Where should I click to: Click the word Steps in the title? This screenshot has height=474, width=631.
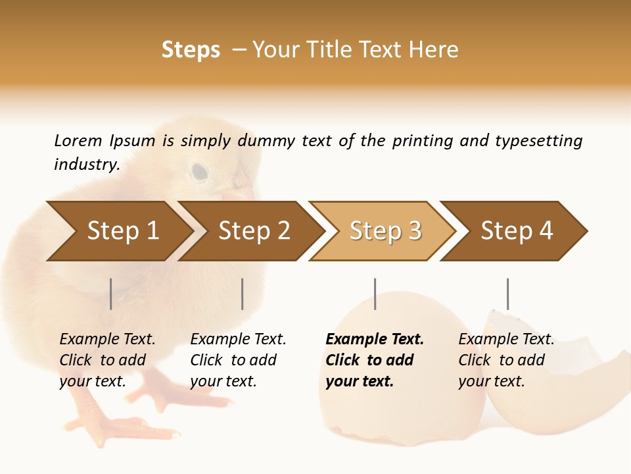coord(191,50)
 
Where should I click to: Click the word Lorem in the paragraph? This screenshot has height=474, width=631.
coord(78,141)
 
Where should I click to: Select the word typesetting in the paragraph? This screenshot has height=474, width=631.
coord(538,141)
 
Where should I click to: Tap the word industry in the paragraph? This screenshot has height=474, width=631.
coord(86,165)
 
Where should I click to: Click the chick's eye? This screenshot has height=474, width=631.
coord(199,172)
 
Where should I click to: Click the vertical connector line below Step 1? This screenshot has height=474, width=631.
coord(111,294)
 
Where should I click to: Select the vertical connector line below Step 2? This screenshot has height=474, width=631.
coord(243,294)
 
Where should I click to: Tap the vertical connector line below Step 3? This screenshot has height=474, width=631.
coord(375,294)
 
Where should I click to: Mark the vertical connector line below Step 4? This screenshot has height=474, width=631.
coord(507,294)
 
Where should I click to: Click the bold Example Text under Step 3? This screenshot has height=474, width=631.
coord(375,340)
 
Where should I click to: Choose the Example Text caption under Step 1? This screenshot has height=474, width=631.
coord(107,340)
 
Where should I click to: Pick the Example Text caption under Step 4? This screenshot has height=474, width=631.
coord(506,340)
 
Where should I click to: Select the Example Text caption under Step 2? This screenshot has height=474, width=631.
coord(238,340)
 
